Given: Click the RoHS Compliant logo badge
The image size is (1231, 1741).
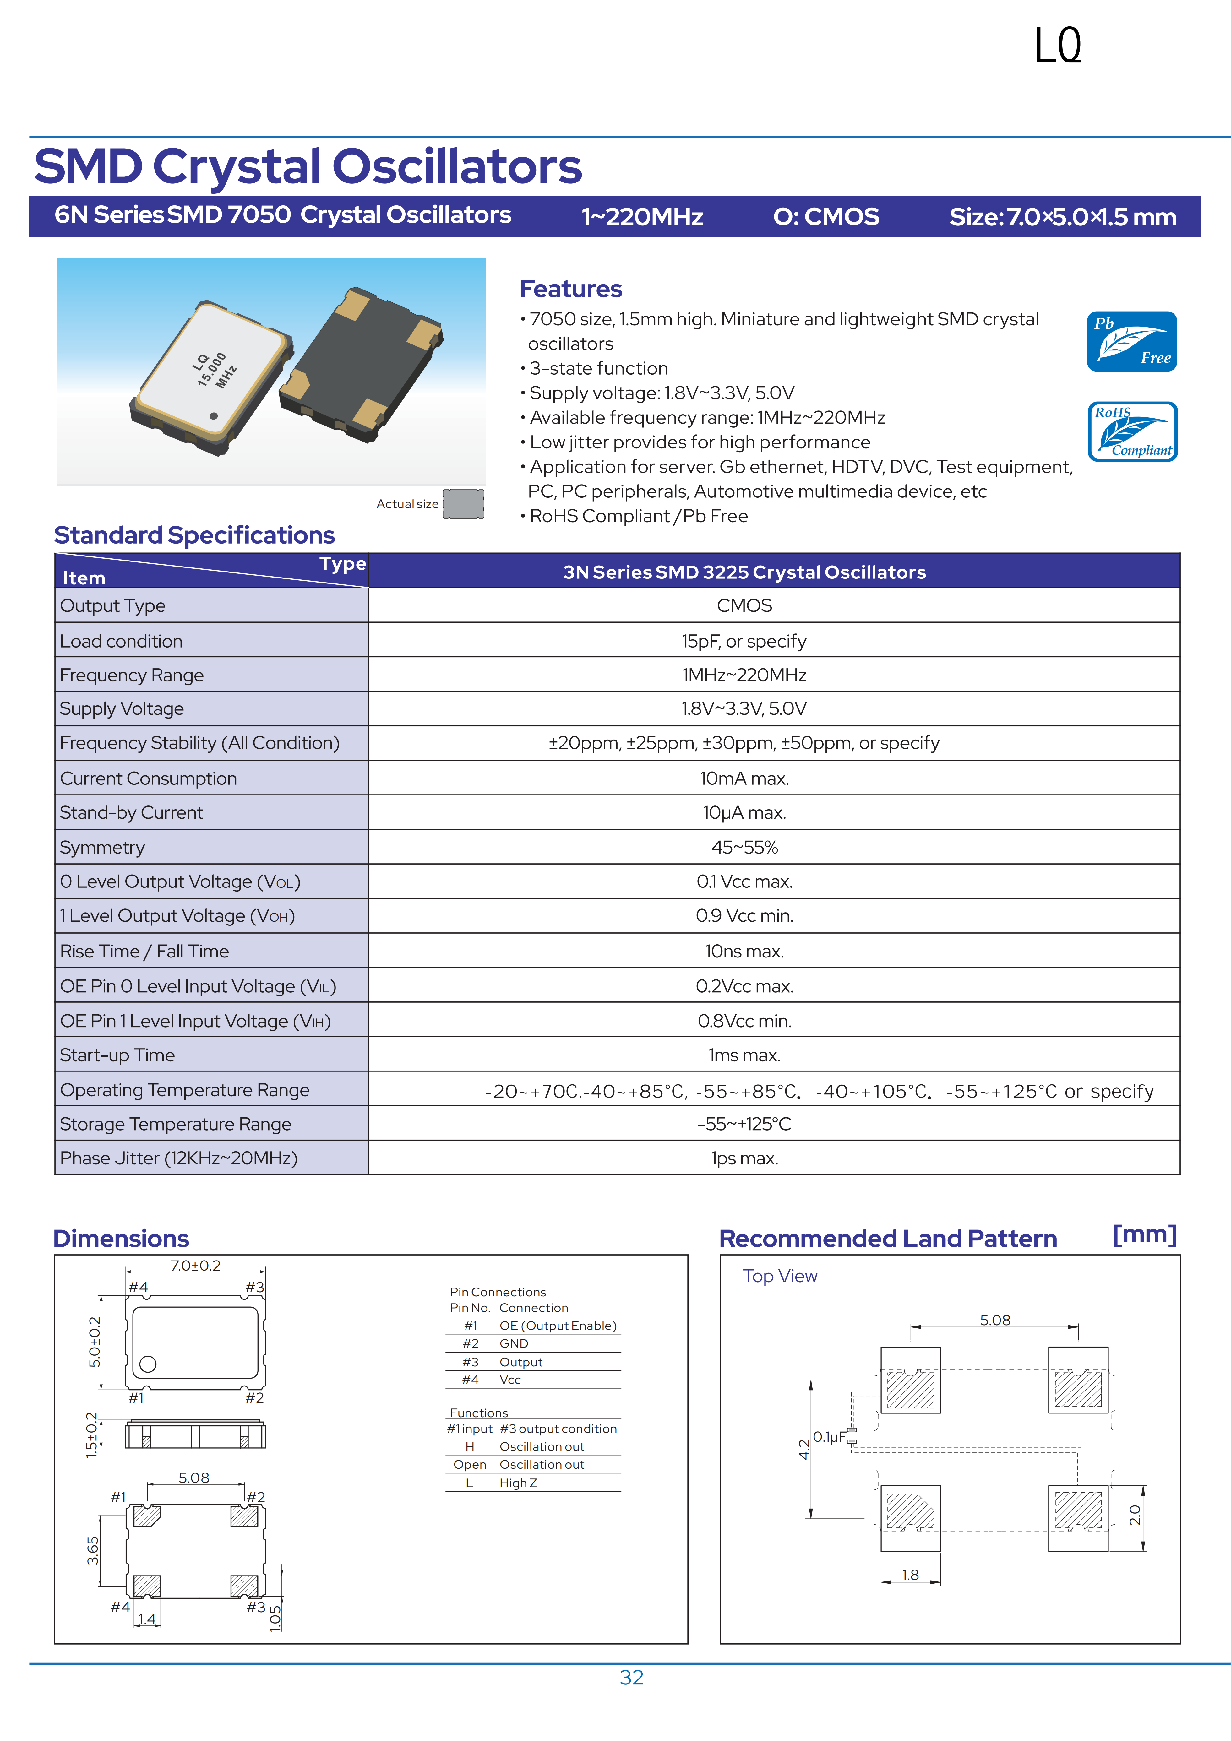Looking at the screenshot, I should (x=1132, y=431).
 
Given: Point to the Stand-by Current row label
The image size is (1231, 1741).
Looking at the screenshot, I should (x=131, y=813).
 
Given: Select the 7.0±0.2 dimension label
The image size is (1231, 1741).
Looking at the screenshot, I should (x=195, y=1266).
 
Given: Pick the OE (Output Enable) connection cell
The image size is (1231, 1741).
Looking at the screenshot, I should (x=558, y=1326).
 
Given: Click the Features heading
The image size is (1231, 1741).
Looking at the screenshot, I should (x=570, y=289).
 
